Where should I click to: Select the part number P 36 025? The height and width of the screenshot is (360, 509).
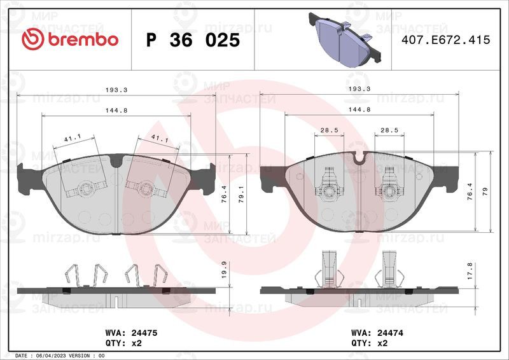coord(193,40)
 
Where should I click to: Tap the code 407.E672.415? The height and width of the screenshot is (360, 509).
coord(445,40)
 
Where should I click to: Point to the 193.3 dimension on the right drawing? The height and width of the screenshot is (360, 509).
coord(359,90)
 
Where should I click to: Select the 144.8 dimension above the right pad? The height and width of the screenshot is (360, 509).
coord(359,110)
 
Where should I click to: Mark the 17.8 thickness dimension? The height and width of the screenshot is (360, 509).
coord(470,271)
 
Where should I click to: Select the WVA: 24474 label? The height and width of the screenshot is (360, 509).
coord(377,333)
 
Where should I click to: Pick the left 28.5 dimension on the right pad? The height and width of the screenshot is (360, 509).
coord(329,130)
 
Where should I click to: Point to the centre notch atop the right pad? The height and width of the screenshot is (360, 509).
coord(360,159)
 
